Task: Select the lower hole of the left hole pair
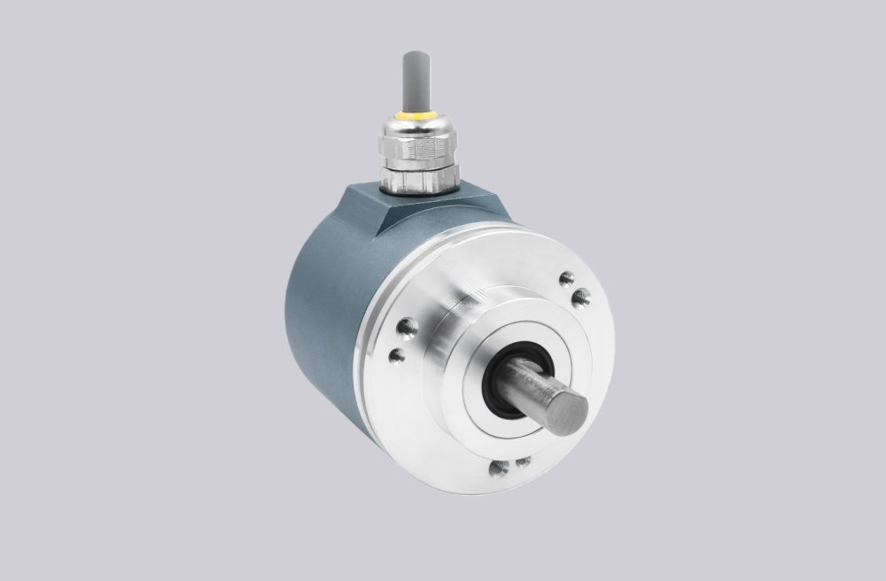pos(398,356)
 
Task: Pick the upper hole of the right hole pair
pos(567,280)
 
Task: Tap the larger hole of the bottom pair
pos(500,467)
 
